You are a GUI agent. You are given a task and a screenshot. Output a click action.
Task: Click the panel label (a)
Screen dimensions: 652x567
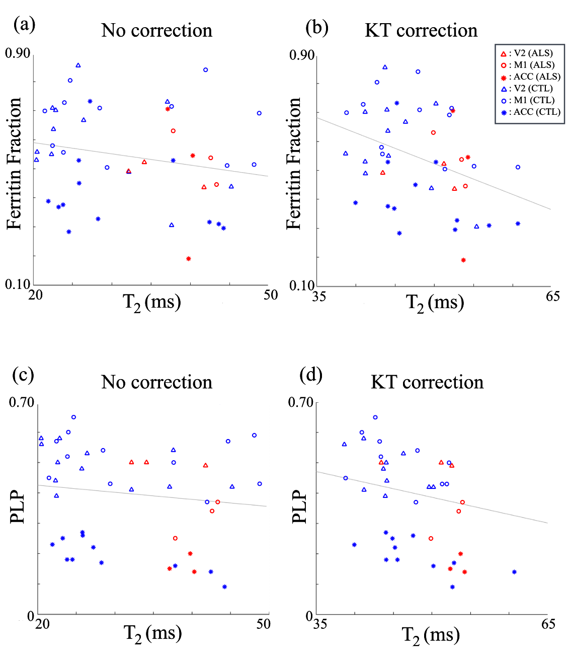24,24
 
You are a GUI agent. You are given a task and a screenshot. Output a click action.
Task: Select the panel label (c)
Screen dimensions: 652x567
24,375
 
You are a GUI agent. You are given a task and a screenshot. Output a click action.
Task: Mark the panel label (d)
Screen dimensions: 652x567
310,375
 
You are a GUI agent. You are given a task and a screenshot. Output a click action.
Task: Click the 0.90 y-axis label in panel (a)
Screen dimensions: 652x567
18,53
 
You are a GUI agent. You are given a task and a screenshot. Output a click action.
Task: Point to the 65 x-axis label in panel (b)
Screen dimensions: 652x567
552,296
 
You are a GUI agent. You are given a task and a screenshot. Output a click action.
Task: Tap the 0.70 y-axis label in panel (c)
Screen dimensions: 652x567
21,402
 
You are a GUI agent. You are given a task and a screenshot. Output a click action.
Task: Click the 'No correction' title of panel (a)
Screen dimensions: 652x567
156,30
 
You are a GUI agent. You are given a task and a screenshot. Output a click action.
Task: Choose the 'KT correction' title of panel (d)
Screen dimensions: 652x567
427,382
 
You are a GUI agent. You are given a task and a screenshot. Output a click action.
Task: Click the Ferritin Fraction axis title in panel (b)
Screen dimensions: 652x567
294,164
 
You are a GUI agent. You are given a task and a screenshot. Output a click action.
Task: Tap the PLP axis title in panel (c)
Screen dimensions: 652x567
18,506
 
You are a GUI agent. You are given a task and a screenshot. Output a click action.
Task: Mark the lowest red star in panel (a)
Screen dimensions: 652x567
189,259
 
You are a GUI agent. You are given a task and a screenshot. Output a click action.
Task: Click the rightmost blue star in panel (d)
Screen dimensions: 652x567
514,572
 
